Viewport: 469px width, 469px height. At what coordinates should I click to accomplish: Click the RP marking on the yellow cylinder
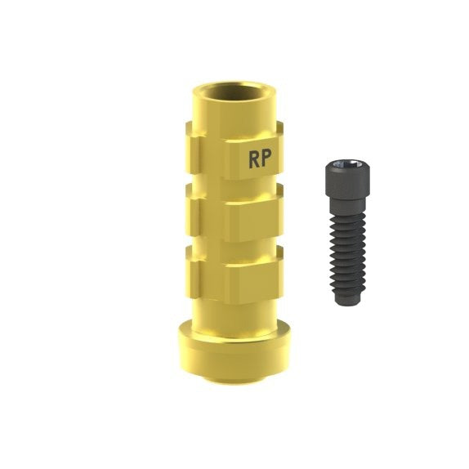coord(260,159)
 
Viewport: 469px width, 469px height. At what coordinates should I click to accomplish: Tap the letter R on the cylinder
coord(254,159)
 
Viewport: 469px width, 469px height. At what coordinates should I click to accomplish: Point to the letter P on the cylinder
coord(266,159)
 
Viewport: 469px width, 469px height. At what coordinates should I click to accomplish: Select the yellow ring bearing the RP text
coord(234,150)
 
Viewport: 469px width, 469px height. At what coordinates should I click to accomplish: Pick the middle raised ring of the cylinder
coord(234,213)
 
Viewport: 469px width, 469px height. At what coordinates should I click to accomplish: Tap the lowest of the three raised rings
coord(234,275)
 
